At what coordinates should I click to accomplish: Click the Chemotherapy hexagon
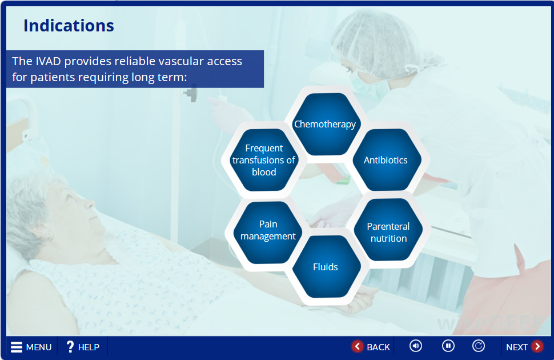pos(325,124)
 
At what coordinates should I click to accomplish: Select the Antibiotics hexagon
pos(386,160)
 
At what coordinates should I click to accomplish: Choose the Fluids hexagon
pos(326,267)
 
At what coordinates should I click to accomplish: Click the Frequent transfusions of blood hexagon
pos(264,160)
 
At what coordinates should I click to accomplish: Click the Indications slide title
pos(69,26)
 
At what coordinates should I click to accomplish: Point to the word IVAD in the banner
pos(48,61)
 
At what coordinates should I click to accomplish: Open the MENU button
pos(31,347)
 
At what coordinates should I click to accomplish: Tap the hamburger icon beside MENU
pos(16,347)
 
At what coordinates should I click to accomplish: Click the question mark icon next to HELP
pos(70,346)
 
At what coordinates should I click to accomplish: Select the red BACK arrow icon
pos(357,346)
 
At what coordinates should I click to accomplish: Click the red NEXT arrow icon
pos(537,346)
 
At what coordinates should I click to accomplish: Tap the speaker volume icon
pos(416,346)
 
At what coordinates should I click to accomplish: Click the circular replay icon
pos(479,346)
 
